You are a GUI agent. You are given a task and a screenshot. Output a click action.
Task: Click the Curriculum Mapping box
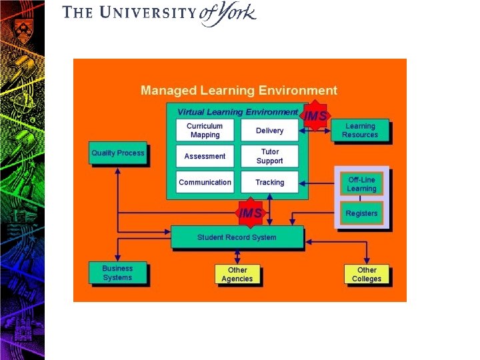pos(205,130)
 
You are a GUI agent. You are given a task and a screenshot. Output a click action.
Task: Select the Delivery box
pos(269,130)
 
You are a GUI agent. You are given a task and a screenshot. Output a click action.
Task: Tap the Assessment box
pos(205,156)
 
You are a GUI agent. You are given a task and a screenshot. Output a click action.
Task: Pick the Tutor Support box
pos(269,156)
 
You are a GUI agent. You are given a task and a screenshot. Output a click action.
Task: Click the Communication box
pos(205,182)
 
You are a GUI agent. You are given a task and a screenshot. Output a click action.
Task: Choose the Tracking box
pos(269,182)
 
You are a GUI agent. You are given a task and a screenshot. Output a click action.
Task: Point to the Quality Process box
pos(117,153)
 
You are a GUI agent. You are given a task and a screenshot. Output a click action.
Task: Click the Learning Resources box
pos(360,131)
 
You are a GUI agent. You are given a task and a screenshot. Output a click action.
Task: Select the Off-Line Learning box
pos(361,184)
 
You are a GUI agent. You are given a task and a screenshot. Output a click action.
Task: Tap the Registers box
pos(361,213)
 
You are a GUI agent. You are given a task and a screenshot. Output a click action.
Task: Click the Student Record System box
pos(237,237)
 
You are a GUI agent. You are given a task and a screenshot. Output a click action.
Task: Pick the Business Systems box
pos(117,273)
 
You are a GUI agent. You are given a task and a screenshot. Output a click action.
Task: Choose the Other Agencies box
pos(237,274)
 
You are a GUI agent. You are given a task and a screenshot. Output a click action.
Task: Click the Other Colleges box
pos(367,274)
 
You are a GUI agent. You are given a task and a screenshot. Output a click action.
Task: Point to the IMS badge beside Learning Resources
pos(315,116)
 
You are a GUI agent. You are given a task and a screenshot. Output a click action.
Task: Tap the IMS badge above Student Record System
pos(251,213)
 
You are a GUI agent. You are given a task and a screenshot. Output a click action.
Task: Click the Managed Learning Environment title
pos(239,91)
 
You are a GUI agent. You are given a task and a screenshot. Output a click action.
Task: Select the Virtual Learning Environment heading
pos(237,112)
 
